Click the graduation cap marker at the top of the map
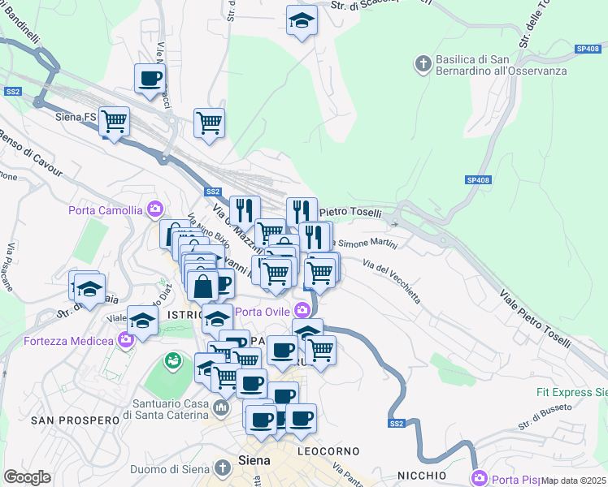pos(302,22)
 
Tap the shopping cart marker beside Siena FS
pos(114,122)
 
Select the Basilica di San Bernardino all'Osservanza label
pos(484,65)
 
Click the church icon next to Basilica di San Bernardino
pos(423,62)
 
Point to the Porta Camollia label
pos(107,211)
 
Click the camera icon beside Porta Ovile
pos(302,310)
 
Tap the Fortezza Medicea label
pos(69,339)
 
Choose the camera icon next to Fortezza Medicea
pos(126,338)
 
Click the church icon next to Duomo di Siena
pos(224,468)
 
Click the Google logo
pos(27,477)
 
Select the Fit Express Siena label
pos(571,392)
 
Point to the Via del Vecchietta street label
pos(392,280)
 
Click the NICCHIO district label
pos(422,475)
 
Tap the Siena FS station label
pos(76,118)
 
